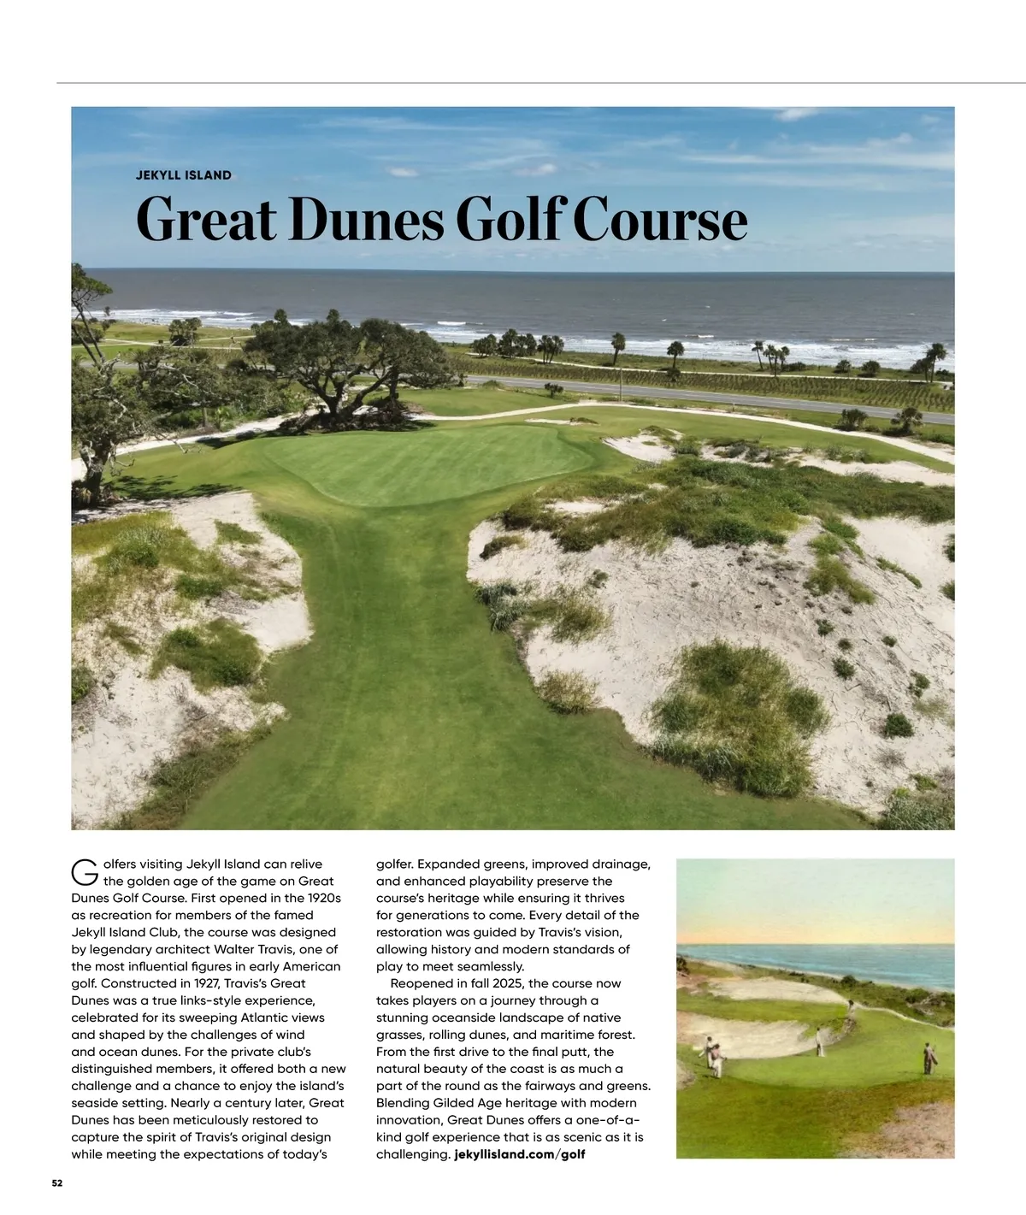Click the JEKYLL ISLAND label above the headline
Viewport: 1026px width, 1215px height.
(x=183, y=175)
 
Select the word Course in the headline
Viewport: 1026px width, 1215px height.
(x=659, y=220)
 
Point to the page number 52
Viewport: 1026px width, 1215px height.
(x=57, y=1183)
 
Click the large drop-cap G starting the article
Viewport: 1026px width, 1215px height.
(x=84, y=872)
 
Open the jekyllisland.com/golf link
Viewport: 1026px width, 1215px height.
(x=520, y=1154)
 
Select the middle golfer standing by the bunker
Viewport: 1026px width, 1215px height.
(x=820, y=1041)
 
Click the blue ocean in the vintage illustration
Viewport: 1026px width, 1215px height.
(x=821, y=962)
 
